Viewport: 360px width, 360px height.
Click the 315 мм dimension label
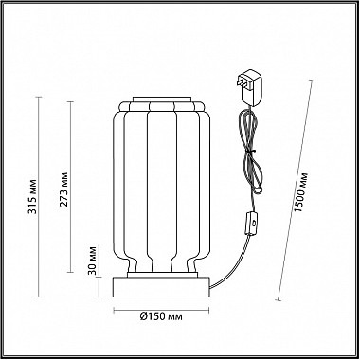pos(33,197)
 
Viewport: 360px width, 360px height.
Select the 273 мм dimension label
pos(64,189)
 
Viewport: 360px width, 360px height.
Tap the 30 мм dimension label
pos(92,260)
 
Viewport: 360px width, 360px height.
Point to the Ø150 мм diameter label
pos(161,316)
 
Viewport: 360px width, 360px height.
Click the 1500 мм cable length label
pos(299,192)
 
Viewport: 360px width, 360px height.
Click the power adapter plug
pos(250,86)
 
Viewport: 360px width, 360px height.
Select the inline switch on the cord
pos(252,224)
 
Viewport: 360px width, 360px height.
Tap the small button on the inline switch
pos(254,224)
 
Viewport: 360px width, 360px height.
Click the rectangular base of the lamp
pos(161,287)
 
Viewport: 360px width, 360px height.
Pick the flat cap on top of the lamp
pos(162,99)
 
